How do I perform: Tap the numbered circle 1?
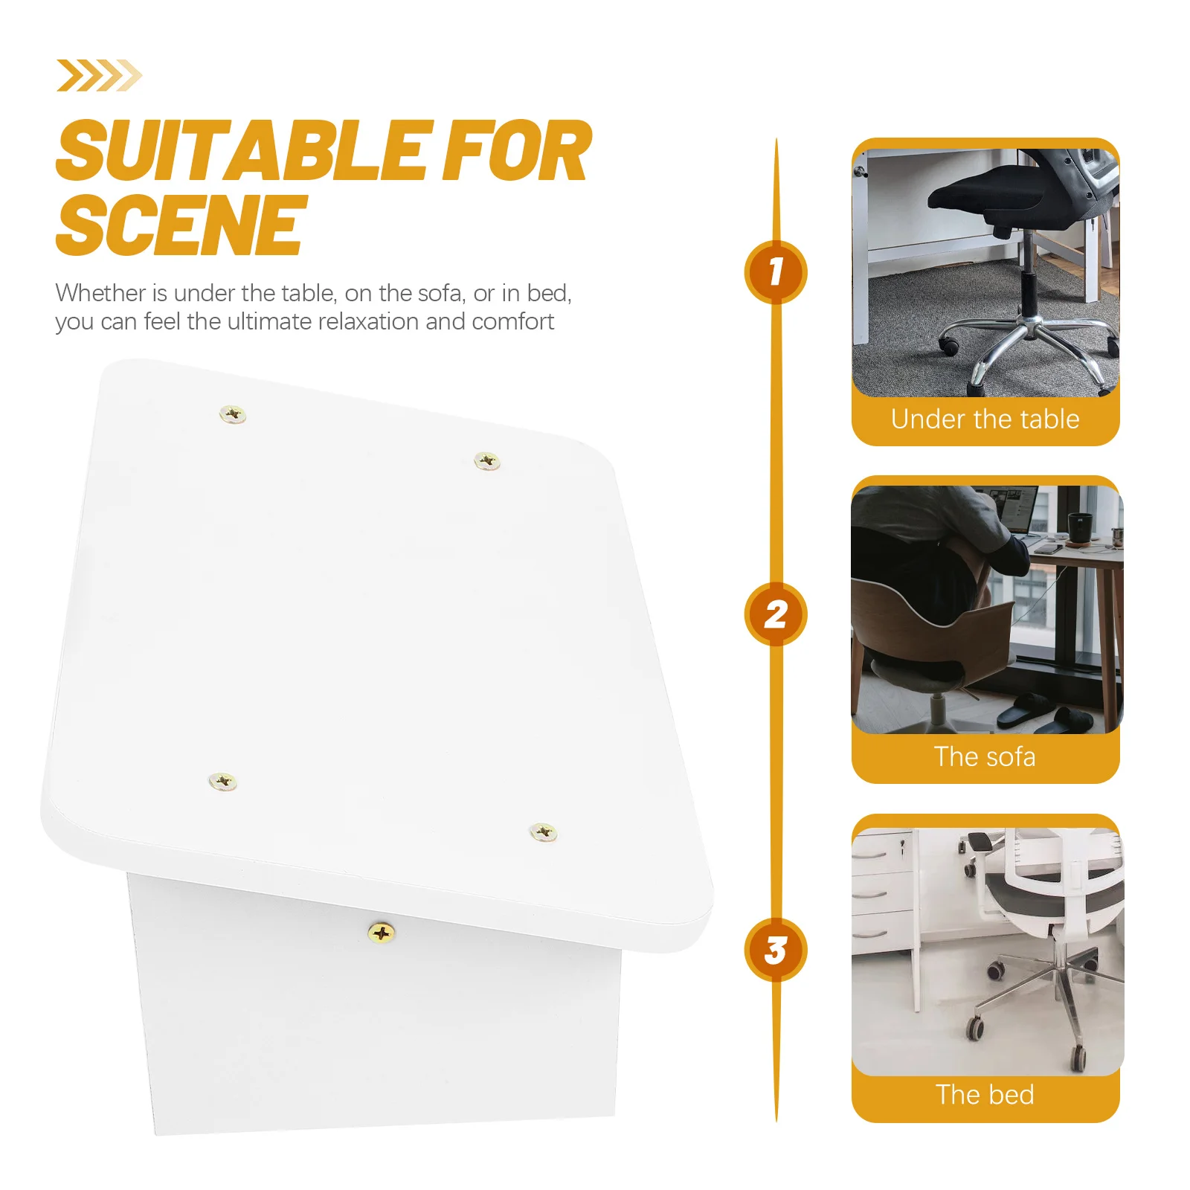[776, 271]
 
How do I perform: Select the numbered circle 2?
[776, 614]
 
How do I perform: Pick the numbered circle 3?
[776, 950]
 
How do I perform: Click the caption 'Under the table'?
[985, 419]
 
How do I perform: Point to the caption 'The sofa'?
[985, 757]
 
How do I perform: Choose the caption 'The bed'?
[985, 1095]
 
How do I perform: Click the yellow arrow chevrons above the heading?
[99, 76]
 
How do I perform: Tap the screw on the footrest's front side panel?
[381, 933]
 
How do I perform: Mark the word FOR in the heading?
[516, 152]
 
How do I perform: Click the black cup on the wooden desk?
[1079, 527]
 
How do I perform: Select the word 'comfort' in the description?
[512, 321]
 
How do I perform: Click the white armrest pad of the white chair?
[980, 842]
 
